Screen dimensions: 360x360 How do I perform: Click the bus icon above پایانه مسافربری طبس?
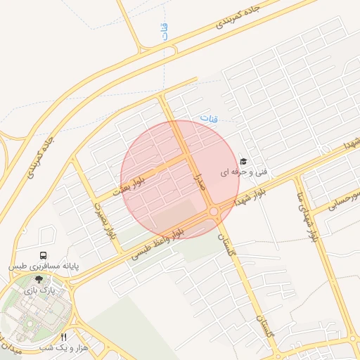pyautogui.click(x=44, y=256)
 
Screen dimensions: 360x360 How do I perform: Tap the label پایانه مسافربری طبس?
pyautogui.click(x=44, y=267)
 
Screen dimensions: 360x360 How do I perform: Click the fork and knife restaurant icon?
pyautogui.click(x=65, y=337)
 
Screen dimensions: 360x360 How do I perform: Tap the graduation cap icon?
pyautogui.click(x=243, y=162)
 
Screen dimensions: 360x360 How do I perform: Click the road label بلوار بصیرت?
pyautogui.click(x=103, y=221)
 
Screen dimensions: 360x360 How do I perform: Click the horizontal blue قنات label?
pyautogui.click(x=209, y=119)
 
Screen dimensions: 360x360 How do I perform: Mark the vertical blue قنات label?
pyautogui.click(x=165, y=32)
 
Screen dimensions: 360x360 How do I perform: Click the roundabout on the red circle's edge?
pyautogui.click(x=213, y=211)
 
